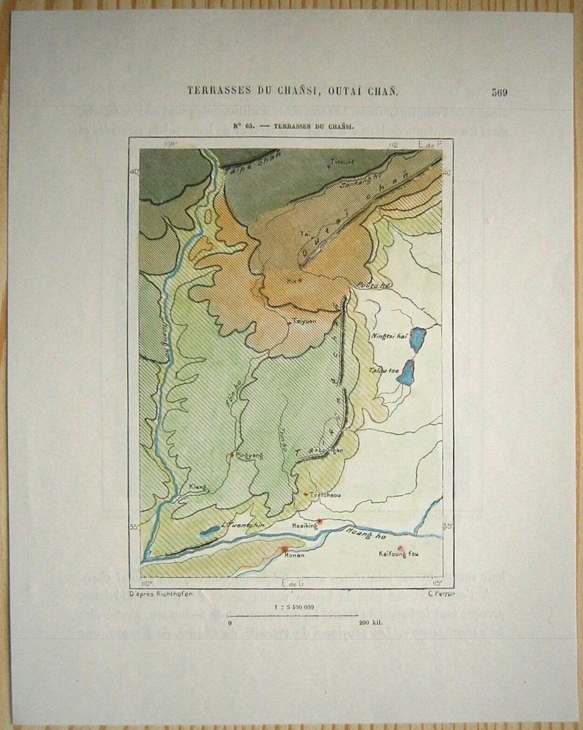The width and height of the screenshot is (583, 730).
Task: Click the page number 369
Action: click(x=499, y=92)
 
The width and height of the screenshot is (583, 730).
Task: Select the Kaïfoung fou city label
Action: click(x=398, y=554)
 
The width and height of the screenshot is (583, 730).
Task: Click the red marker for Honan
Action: click(x=285, y=549)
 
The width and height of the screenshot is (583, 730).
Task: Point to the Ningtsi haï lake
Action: click(x=420, y=336)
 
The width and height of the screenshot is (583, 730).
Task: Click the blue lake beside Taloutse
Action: click(x=407, y=372)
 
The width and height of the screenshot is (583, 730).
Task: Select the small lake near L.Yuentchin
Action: click(x=209, y=531)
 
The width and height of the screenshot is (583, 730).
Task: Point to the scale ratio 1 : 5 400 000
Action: click(x=294, y=607)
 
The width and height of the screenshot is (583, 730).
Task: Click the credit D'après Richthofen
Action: click(x=161, y=593)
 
